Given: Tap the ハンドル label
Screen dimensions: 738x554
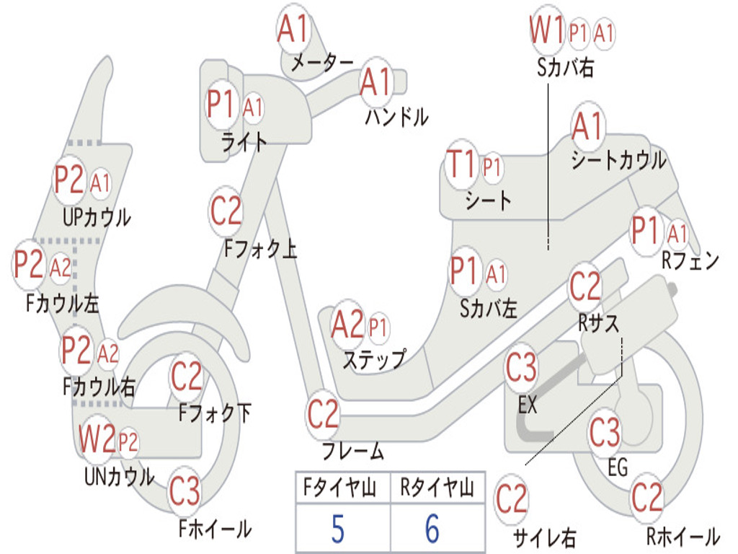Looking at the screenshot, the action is (396, 116).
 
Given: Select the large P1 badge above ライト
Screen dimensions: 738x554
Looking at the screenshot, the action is (221, 105).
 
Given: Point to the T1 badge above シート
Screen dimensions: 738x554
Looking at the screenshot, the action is (461, 166).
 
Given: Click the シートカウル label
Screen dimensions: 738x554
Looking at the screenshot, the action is (618, 160).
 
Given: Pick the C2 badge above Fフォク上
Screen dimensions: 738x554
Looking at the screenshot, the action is (226, 211).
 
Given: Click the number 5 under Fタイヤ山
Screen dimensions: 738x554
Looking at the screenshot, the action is (338, 529).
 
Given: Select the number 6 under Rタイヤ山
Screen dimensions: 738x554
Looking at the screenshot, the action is (432, 529).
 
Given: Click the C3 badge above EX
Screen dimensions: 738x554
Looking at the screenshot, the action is (522, 369).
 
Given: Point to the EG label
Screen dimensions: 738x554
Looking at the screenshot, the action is (618, 468).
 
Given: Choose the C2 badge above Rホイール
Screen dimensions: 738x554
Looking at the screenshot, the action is (646, 498).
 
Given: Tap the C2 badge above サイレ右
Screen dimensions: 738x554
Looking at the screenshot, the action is (512, 499).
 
